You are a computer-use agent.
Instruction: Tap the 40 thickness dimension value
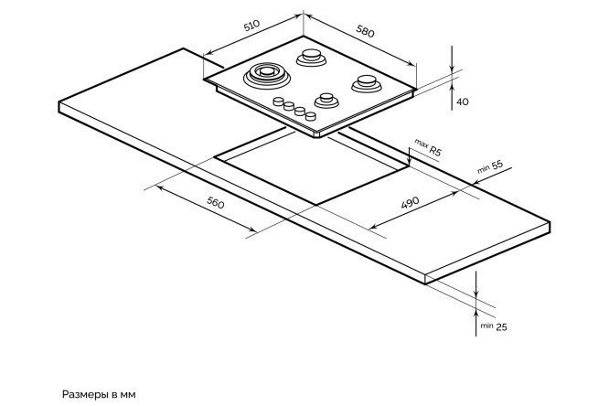pos(463,101)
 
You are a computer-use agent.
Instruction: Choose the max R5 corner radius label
pos(428,149)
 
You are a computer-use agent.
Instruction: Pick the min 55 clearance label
pos(491,166)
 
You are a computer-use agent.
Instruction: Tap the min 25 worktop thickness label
pos(493,325)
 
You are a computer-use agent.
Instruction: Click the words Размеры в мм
pos(99,395)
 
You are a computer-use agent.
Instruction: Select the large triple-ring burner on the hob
pos(265,73)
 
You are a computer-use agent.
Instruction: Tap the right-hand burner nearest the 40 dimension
pos(365,82)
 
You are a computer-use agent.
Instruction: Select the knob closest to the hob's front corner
pos(309,117)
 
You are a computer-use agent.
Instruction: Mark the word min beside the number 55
pos(483,169)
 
